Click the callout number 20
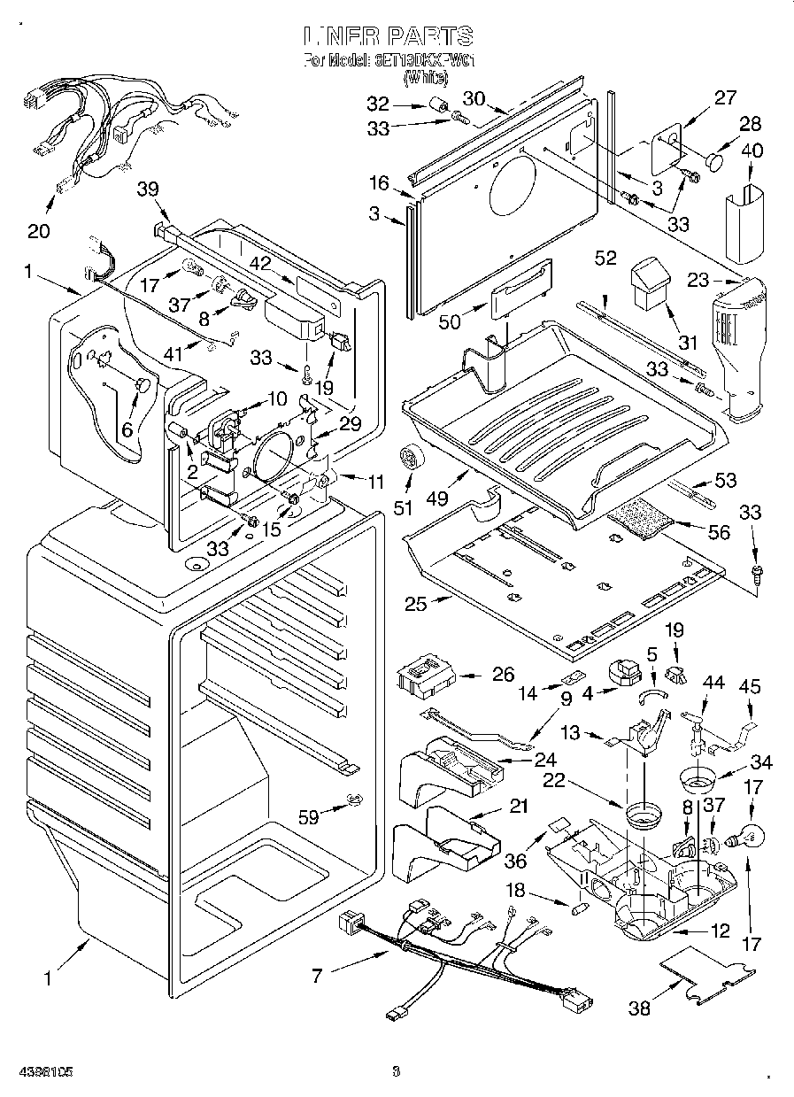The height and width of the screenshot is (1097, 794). [37, 231]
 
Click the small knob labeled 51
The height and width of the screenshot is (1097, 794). [410, 457]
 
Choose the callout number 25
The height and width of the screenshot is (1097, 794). [416, 605]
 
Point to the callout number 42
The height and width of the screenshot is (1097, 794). [259, 261]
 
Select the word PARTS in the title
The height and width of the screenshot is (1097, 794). [428, 36]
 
